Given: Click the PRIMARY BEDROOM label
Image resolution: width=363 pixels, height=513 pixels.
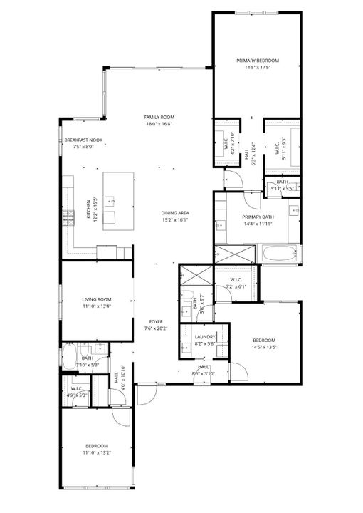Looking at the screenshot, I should [258, 61].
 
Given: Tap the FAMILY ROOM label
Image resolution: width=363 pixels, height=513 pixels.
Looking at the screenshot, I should [159, 117].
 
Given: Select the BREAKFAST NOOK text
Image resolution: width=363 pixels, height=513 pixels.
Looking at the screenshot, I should [84, 140].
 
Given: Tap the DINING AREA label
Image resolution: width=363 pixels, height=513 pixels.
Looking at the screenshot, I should [174, 213].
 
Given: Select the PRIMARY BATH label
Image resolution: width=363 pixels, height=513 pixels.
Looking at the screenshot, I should [257, 217].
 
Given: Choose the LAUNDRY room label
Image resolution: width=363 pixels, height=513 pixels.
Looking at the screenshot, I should [204, 336].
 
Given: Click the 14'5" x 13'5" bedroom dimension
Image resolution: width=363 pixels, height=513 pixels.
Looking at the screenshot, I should [263, 348].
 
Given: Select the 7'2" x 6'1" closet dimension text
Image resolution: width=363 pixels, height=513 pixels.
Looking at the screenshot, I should [235, 286].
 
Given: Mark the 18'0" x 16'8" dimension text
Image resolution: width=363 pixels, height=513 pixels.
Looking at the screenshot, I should [159, 124].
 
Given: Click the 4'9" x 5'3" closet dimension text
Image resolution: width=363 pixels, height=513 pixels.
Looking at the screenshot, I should [76, 395].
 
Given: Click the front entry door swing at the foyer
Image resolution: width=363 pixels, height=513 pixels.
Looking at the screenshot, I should [147, 390].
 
